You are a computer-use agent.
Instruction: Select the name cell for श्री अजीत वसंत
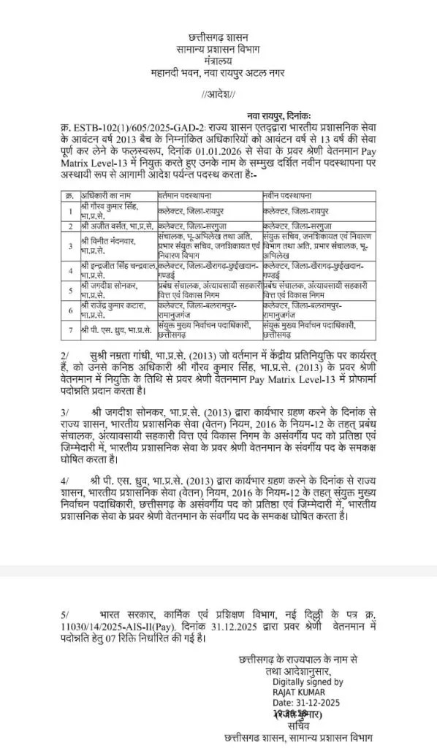coord(109,226)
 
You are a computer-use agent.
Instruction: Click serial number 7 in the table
coord(69,329)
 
